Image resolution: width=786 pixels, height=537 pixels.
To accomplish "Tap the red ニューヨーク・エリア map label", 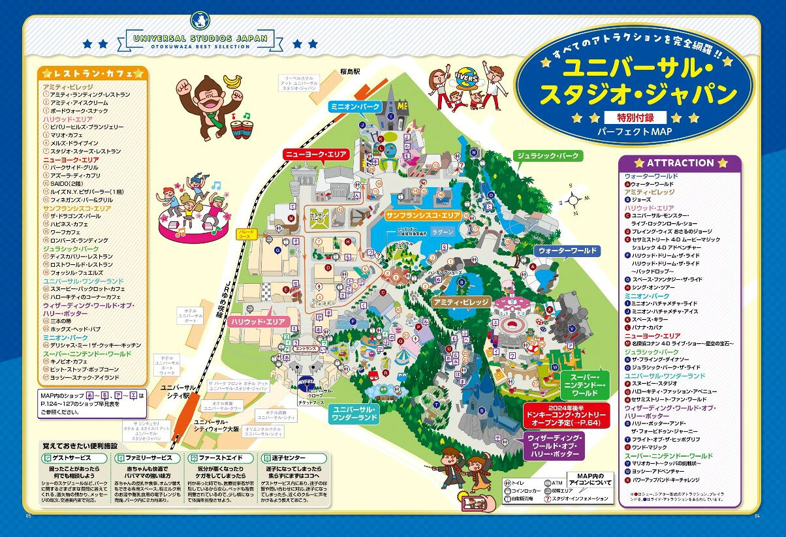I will point(316,155).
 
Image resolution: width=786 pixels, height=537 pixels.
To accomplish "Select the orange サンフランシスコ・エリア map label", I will point(424,215).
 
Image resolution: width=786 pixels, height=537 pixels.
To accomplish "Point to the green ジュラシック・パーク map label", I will point(548,157).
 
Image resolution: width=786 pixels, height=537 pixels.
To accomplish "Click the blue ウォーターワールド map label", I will point(567,251).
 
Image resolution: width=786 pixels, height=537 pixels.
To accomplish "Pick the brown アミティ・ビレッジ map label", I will point(460,303).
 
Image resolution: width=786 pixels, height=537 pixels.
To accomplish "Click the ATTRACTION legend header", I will point(680,163).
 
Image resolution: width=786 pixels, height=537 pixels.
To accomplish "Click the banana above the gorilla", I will point(232,80).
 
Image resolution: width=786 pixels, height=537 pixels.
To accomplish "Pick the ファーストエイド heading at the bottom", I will point(215,459).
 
